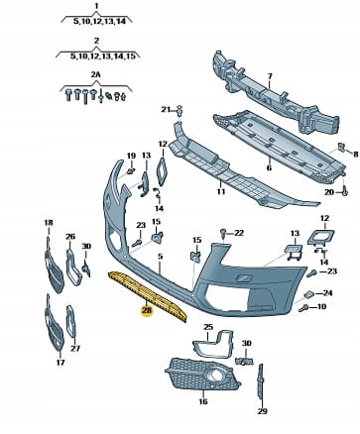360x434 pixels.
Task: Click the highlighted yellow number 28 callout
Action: (147, 311)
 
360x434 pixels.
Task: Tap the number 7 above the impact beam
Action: (270, 76)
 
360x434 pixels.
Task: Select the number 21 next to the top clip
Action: (166, 109)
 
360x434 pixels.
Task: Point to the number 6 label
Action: (269, 167)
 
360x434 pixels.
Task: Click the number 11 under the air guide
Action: (221, 191)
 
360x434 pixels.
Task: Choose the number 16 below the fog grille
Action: (203, 401)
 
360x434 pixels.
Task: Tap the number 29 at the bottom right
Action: (262, 411)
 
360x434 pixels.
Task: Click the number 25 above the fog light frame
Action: (208, 327)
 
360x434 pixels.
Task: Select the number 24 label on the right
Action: (327, 293)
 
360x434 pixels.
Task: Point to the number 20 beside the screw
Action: (329, 191)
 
